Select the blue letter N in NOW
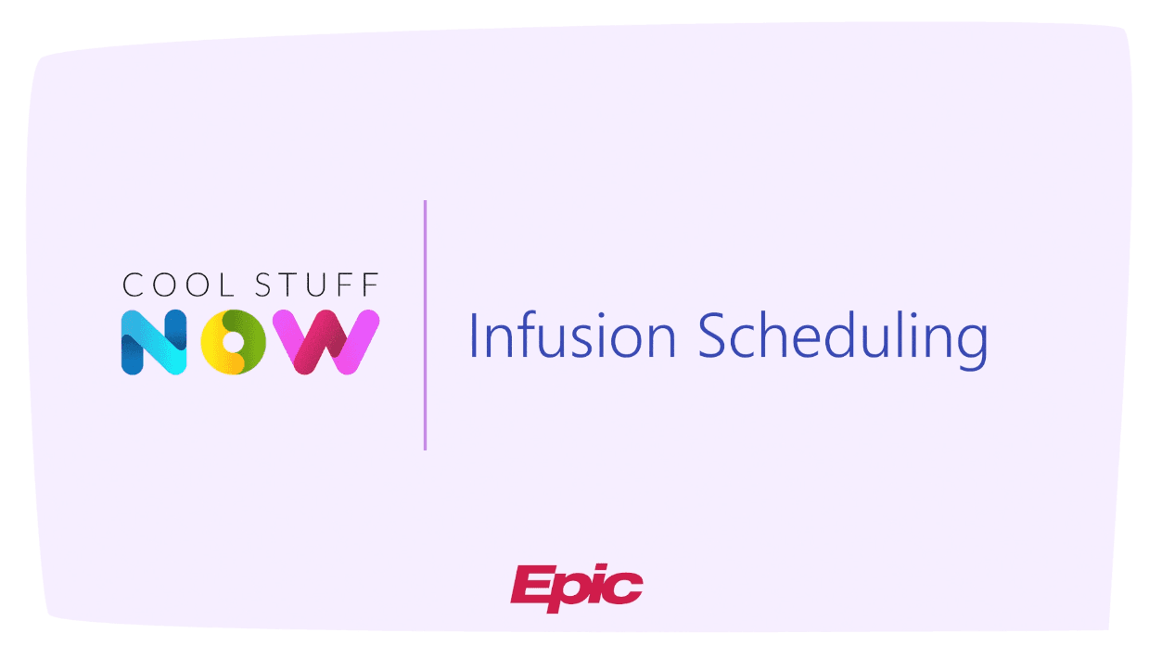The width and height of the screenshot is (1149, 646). pos(154,341)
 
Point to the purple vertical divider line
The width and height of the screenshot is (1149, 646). pos(425,324)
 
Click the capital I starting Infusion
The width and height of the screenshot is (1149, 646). pos(474,335)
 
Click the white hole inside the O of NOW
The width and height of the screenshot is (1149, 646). pos(236,342)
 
